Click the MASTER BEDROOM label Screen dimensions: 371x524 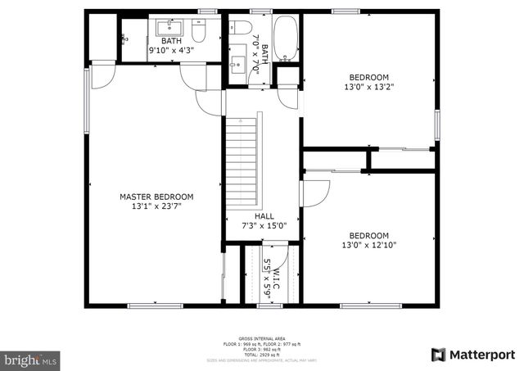pos(156,197)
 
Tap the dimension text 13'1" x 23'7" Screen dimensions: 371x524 pos(156,207)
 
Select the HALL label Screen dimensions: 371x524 pos(264,216)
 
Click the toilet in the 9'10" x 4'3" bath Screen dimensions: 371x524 pos(198,32)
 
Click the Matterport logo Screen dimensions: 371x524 pos(473,354)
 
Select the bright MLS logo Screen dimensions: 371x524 pos(31,360)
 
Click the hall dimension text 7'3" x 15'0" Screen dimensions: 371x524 pos(264,226)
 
